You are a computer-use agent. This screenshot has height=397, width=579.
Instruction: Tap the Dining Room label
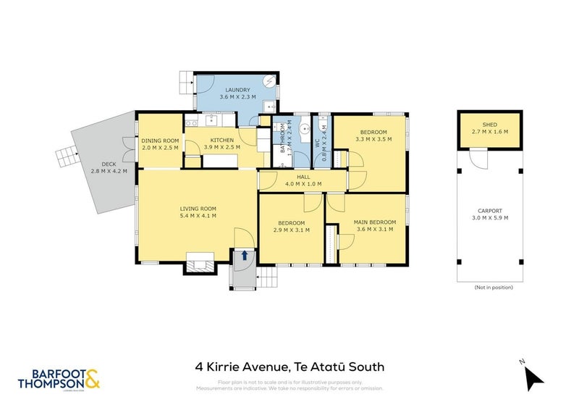(160, 141)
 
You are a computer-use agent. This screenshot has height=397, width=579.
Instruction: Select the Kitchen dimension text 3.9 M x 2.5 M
(220, 148)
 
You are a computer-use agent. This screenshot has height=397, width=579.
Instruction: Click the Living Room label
(198, 209)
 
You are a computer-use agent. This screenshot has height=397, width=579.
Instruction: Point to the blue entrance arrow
(245, 255)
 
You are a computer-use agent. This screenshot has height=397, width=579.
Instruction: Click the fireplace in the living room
(200, 262)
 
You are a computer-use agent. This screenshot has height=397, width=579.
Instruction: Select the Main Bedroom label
(374, 222)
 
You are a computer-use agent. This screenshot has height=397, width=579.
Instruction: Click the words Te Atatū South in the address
(347, 368)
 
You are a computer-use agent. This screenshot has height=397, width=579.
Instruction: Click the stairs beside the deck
(67, 154)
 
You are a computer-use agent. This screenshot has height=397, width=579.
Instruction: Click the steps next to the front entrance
(267, 275)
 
